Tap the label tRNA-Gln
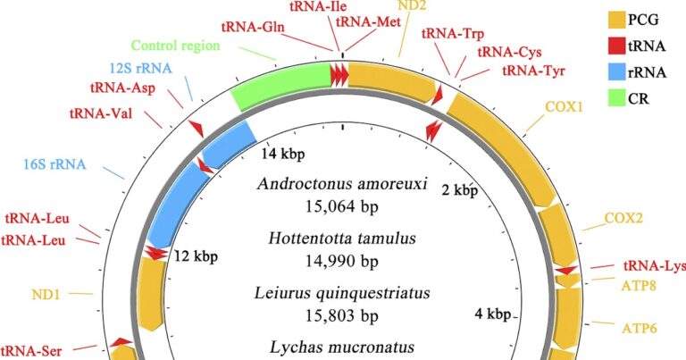(253, 27)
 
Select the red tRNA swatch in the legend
(616, 46)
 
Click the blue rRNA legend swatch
(616, 71)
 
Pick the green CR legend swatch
(616, 98)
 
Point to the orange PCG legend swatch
(616, 20)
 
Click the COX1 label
(564, 106)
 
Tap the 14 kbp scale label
(283, 154)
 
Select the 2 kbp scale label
(460, 190)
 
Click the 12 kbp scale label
(196, 255)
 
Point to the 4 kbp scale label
(493, 314)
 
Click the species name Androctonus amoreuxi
(342, 183)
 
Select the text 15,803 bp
(342, 315)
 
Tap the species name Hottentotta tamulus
(342, 239)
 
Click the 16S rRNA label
(54, 164)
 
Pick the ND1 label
(46, 295)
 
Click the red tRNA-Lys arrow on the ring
(567, 271)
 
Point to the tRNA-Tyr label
(534, 71)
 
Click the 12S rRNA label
(140, 68)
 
